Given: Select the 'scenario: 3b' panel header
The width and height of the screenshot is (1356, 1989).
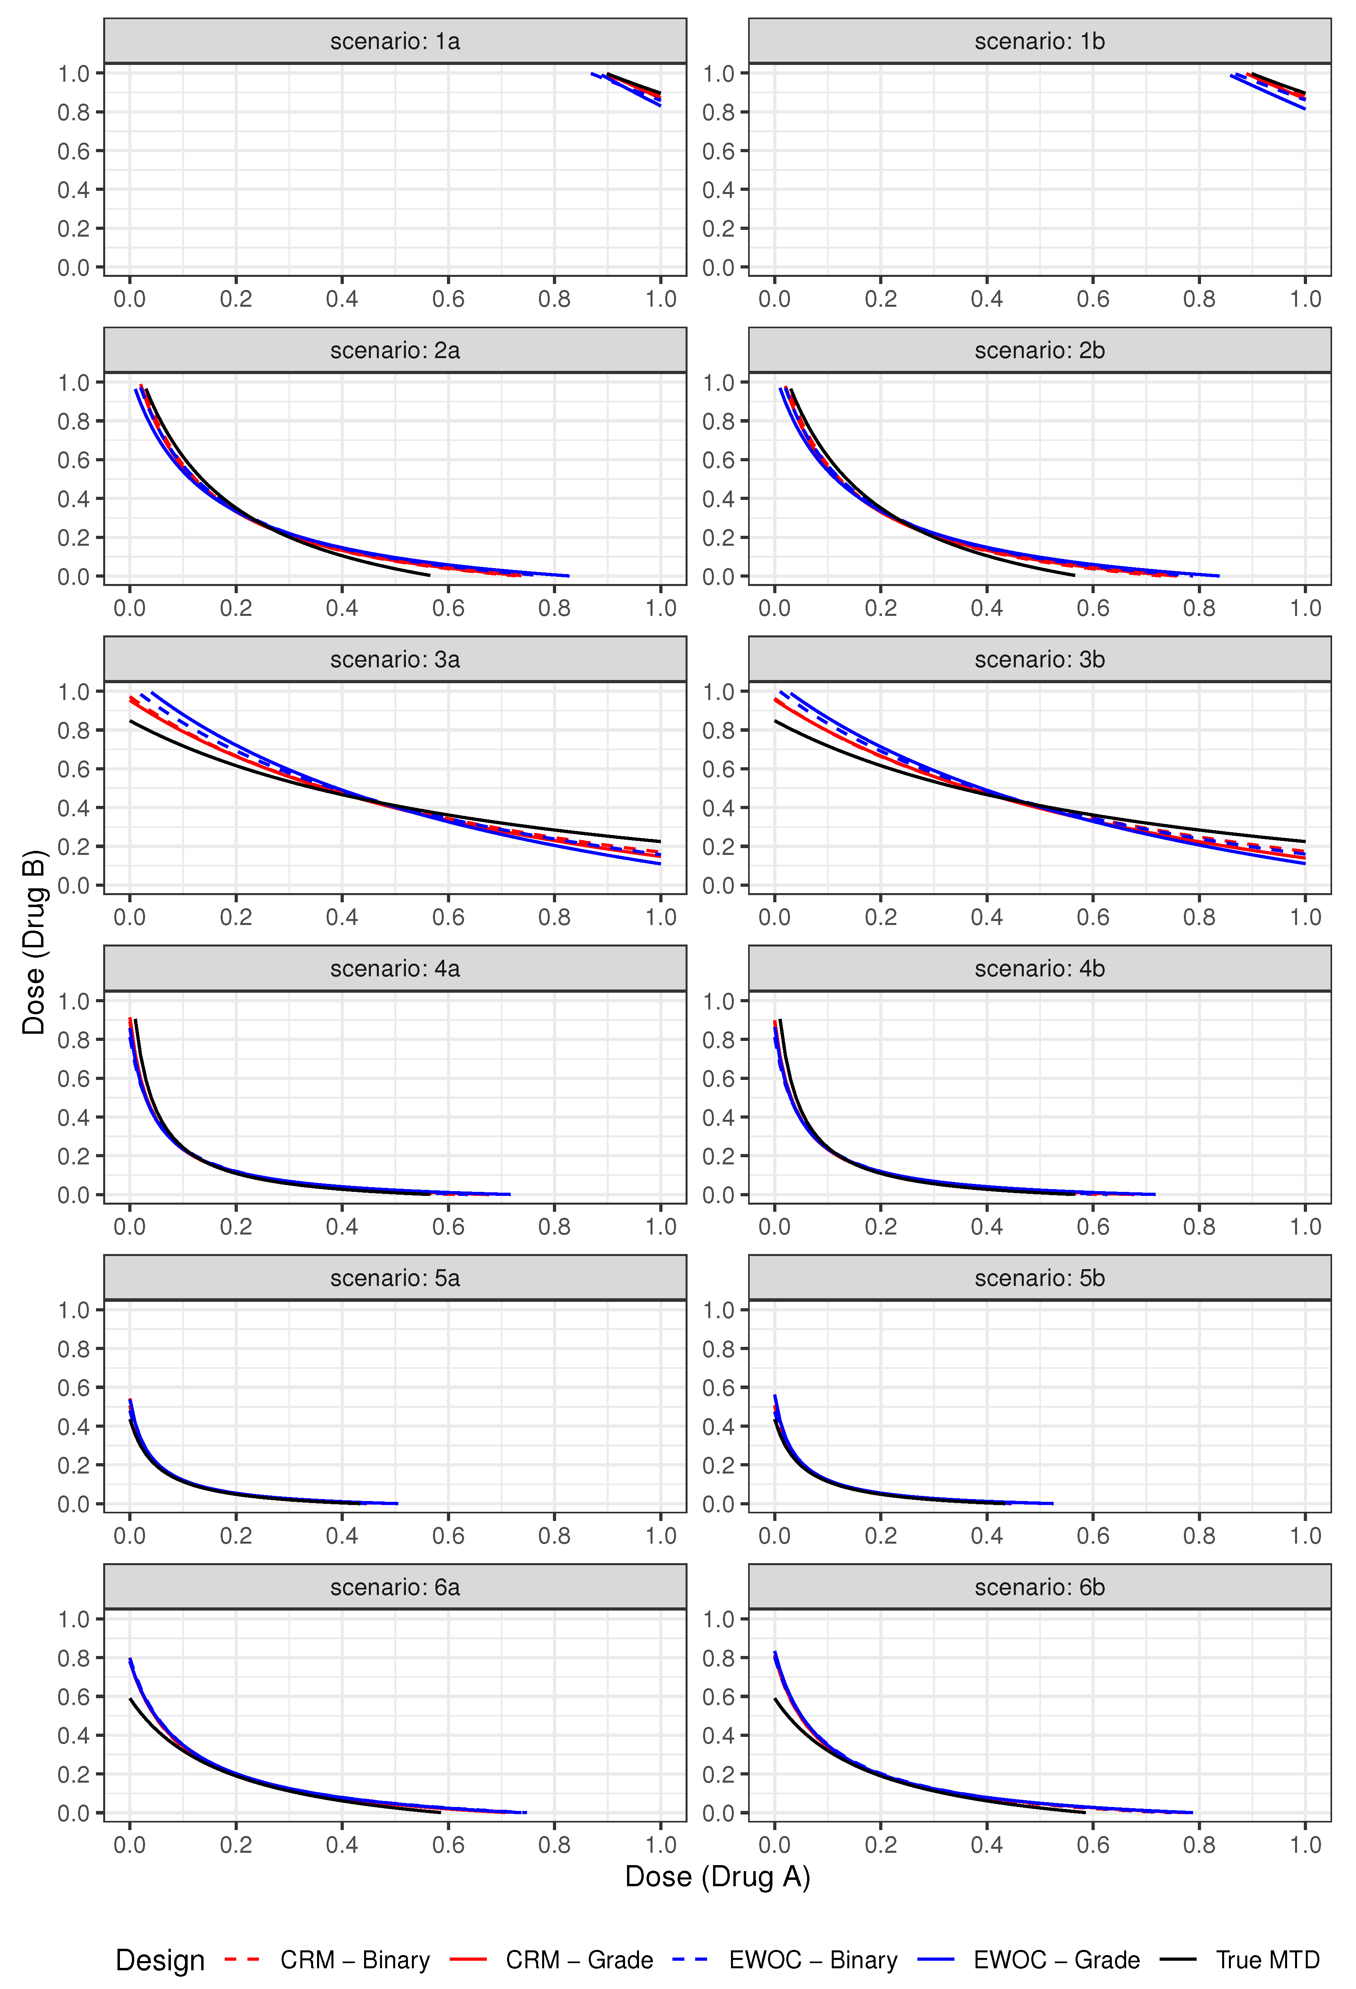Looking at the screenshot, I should (1039, 660).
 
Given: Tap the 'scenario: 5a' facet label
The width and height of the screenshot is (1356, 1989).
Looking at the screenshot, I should (395, 1278).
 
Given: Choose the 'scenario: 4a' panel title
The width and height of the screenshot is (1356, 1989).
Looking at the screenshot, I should (395, 969).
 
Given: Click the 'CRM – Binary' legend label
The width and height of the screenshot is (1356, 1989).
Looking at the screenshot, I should (355, 1960).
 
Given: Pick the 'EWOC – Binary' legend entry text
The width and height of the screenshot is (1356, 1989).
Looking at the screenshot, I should (812, 1960).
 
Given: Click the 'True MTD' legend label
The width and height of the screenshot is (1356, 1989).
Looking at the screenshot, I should (1267, 1960).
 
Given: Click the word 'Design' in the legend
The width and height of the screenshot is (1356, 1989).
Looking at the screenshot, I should (160, 1960).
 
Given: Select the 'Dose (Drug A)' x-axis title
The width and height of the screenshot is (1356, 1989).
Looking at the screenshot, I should (717, 1876).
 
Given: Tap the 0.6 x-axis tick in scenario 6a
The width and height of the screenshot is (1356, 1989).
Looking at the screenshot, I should (448, 1844).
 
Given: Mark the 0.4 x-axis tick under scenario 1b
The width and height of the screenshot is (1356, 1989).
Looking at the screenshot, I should (986, 299).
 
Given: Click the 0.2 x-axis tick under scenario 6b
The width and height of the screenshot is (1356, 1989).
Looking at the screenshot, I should (880, 1844).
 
